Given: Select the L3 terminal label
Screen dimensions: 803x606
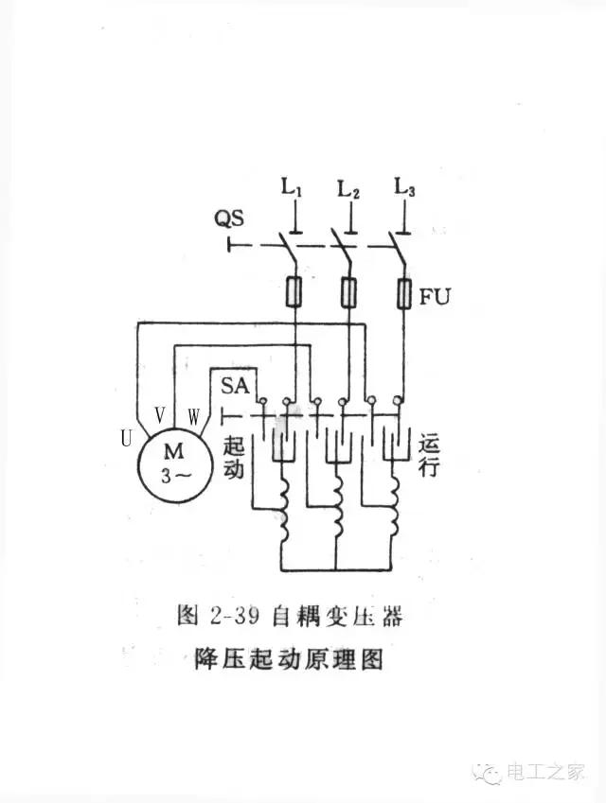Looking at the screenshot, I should pos(404,189).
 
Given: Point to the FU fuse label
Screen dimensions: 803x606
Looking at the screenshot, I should pos(436,296).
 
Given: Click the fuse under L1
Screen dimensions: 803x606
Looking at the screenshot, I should pos(294,294).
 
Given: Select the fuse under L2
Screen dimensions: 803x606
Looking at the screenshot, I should pos(348,294).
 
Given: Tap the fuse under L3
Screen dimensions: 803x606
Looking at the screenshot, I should pos(403,294).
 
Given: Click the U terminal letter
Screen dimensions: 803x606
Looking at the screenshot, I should pos(125,438).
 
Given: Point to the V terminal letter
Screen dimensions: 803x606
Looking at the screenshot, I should pos(159,414).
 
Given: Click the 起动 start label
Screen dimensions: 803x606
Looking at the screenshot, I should pos(234,456).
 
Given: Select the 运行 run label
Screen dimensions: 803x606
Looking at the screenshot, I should pos(428,453).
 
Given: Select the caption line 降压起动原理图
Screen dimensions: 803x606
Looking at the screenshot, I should pos(288,658).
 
